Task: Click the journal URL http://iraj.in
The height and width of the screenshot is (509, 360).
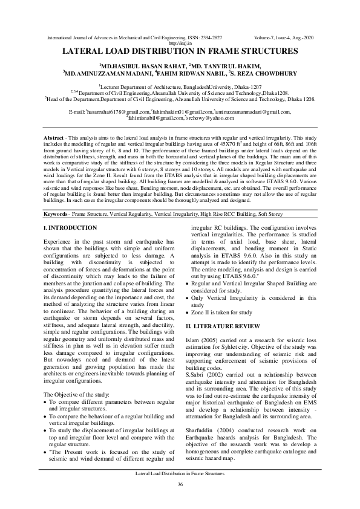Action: (x=180, y=44)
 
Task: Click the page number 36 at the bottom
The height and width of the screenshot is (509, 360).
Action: (x=180, y=485)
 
